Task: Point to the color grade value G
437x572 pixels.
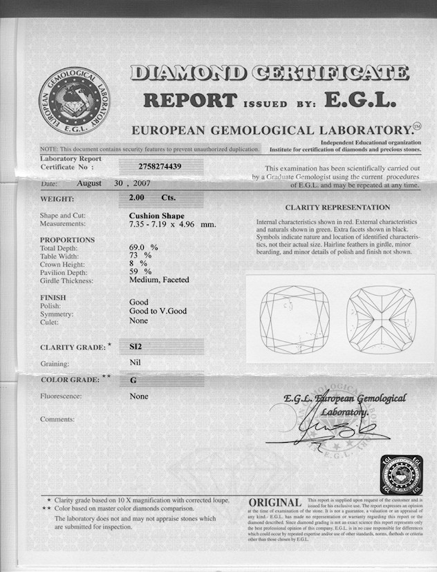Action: [x=133, y=379]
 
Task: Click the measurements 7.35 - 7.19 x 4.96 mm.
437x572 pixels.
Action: [x=172, y=225]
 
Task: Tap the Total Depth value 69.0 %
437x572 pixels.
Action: [x=144, y=247]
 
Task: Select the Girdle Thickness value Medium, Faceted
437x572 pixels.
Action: [x=159, y=280]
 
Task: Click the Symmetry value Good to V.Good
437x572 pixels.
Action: [x=158, y=311]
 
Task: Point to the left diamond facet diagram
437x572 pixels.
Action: [x=295, y=320]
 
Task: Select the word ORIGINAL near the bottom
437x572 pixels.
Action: [x=275, y=503]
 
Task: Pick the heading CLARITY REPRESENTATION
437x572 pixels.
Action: [x=337, y=207]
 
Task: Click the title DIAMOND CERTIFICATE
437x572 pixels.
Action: [x=270, y=73]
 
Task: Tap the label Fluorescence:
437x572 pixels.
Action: [x=62, y=397]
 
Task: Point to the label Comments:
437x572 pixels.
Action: [x=57, y=419]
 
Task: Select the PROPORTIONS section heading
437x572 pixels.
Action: [x=68, y=239]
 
